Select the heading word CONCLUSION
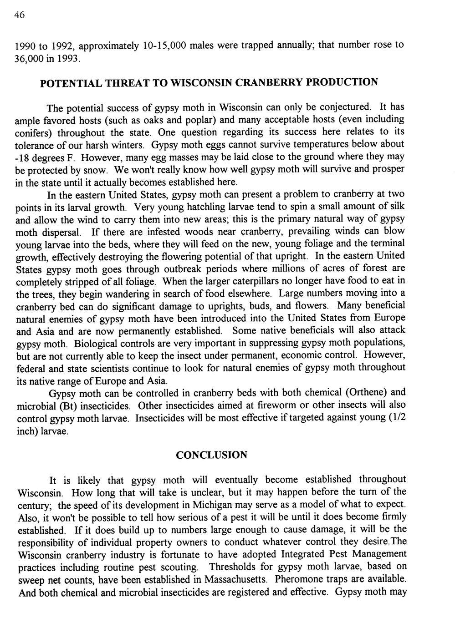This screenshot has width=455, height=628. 211,455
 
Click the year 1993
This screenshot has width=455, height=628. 68,59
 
